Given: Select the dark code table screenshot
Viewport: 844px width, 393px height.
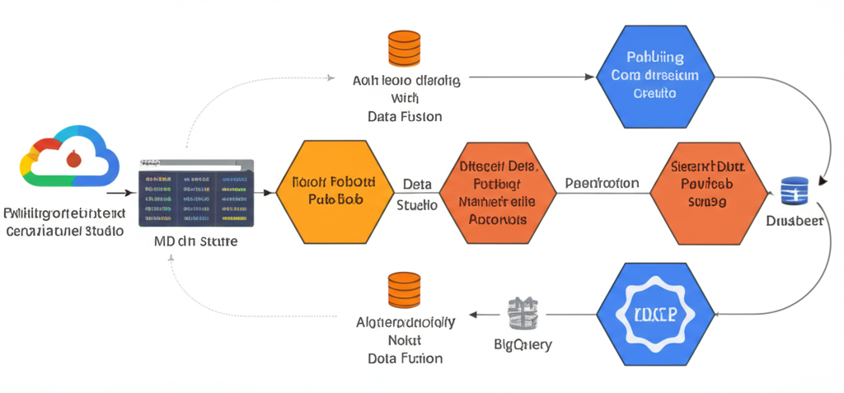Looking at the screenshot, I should (196, 194).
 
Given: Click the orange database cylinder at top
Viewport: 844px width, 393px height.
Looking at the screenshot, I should (404, 49).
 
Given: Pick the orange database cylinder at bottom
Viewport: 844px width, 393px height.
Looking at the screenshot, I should (404, 292).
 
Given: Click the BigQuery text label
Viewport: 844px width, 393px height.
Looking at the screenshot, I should (523, 344).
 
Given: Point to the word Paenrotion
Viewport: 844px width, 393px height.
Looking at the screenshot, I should (602, 183).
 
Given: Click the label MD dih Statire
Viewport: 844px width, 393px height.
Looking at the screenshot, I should (196, 241).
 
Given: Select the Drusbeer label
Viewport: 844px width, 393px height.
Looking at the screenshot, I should (795, 221).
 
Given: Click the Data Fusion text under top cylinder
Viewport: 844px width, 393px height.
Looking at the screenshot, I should (404, 116).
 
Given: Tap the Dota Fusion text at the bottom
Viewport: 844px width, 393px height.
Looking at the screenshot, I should (404, 358).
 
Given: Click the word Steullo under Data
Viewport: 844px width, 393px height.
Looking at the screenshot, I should (417, 204).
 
